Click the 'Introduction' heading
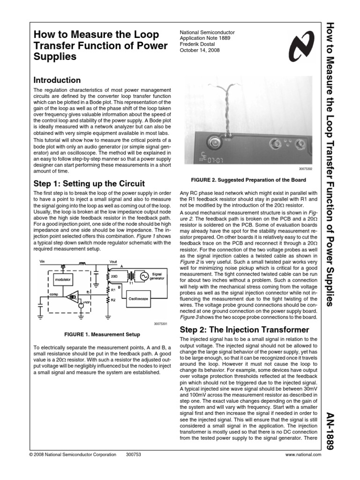(56, 80)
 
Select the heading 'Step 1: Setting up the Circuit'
(90, 183)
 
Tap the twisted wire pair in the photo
(227, 112)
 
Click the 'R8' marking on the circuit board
(228, 139)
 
